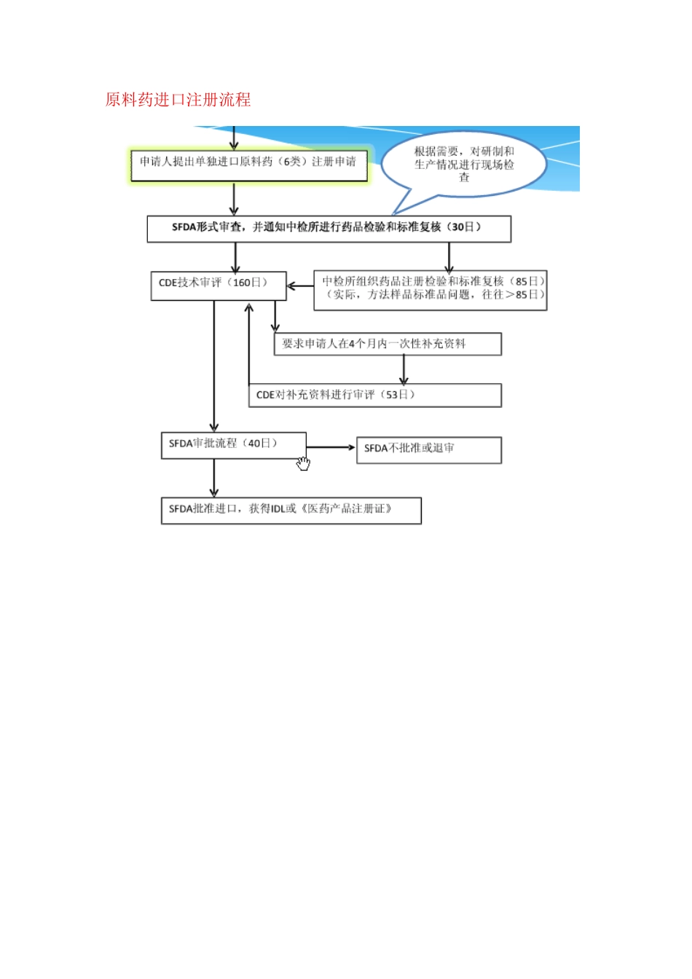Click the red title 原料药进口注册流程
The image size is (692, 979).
point(178,100)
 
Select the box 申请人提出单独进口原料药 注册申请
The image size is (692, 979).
point(248,164)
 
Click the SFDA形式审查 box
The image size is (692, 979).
point(329,228)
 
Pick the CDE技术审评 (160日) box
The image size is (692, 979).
point(218,284)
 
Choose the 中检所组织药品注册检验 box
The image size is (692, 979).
point(430,290)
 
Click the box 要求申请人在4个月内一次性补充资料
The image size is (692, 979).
point(387,344)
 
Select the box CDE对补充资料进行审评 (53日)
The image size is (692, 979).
point(374,395)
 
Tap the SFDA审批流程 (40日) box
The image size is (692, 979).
point(232,445)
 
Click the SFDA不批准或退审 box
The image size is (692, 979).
point(428,449)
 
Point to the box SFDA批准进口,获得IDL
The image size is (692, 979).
point(291,510)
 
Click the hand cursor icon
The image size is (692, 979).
point(303,463)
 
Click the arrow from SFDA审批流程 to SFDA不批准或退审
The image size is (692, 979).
point(331,447)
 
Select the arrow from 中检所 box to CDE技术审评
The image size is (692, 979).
point(300,286)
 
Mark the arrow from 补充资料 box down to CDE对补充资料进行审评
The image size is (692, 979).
point(404,370)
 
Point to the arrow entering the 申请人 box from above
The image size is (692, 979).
point(234,138)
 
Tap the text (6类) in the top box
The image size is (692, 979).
point(292,162)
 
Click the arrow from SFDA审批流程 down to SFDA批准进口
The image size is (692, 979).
point(214,479)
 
